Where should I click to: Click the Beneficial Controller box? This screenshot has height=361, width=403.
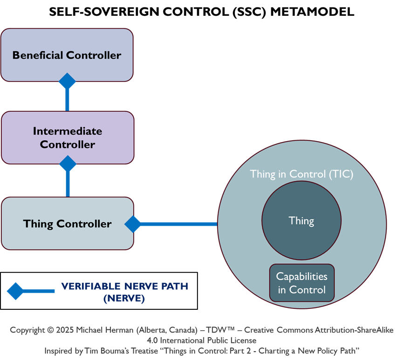67,55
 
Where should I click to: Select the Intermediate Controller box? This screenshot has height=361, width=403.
67,137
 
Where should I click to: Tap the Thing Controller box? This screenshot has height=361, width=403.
67,224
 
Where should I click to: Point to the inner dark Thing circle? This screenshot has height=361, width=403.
301,221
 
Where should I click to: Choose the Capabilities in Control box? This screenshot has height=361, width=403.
301,283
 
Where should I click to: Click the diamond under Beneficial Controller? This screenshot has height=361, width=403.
67,81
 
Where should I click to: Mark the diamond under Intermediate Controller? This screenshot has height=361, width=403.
68,163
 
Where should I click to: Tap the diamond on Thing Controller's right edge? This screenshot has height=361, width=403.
133,224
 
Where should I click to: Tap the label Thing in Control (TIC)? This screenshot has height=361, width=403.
301,174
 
